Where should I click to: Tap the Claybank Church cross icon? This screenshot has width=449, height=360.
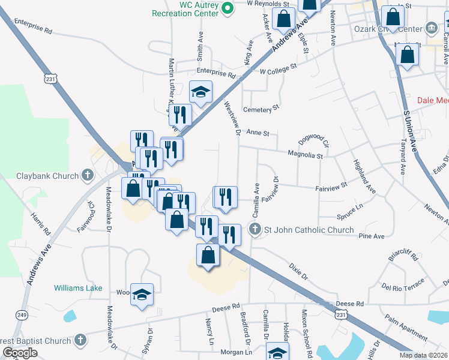point(88,176)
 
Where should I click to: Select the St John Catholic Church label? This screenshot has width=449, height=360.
point(309,230)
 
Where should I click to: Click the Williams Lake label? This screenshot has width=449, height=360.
point(78,288)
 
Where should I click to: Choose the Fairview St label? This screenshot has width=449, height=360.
point(331,188)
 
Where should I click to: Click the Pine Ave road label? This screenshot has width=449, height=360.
point(371,236)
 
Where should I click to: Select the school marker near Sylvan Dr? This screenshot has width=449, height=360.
point(142,295)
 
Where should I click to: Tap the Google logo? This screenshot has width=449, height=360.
point(20,353)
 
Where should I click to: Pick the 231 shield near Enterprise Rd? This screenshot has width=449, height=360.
point(51,77)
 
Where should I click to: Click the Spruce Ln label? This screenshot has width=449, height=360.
point(351,207)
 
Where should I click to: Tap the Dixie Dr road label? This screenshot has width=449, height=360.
point(297,271)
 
